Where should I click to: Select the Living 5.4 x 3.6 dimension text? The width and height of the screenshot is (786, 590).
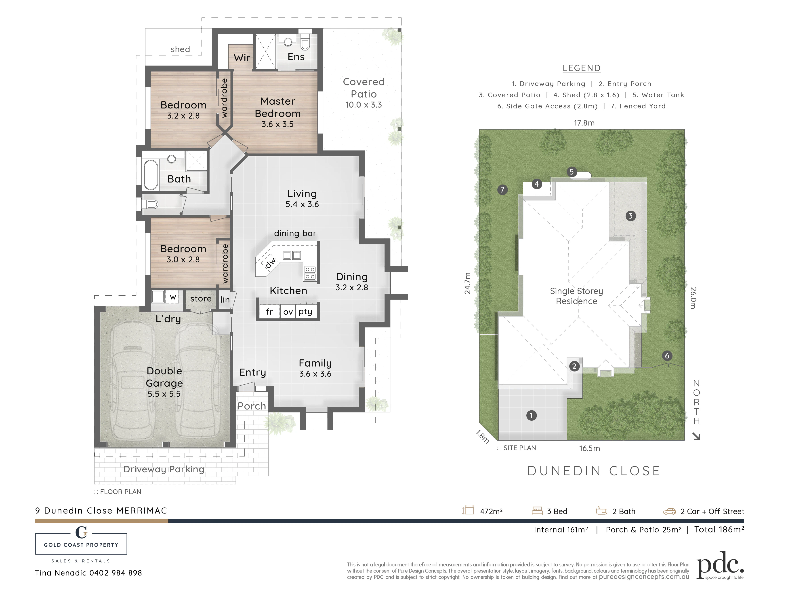coord(302,204)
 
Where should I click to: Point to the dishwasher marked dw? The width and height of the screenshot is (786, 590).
coord(270,263)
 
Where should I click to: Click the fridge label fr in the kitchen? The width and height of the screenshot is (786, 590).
coord(269,312)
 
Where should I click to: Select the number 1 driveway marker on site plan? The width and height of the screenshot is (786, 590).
coord(531,415)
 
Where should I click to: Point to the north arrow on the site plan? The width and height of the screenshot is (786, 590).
coord(696,436)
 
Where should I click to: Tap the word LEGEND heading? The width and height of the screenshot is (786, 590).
coord(582,68)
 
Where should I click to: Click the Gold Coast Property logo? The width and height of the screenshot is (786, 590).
coord(81,544)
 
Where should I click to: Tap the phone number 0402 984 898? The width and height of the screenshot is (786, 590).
coord(116,573)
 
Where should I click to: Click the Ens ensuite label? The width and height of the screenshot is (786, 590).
coord(296,57)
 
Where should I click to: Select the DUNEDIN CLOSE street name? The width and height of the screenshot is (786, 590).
coord(594,471)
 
